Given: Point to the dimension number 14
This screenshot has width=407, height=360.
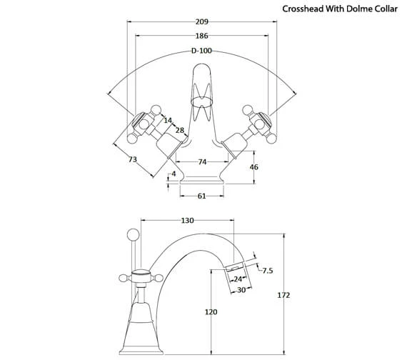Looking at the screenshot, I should pyautogui.click(x=169, y=121).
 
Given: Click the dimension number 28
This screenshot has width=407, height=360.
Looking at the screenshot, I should pyautogui.click(x=180, y=130).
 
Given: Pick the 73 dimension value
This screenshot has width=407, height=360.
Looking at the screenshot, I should pyautogui.click(x=133, y=159).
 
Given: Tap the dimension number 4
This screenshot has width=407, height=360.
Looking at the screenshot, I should pyautogui.click(x=174, y=174).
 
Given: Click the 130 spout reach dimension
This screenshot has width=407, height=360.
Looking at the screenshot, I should pyautogui.click(x=188, y=221).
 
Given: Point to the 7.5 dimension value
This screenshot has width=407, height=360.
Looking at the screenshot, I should pyautogui.click(x=267, y=270).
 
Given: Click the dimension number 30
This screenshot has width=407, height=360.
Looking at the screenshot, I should pyautogui.click(x=241, y=289).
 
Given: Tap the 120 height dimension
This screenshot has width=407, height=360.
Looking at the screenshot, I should pyautogui.click(x=211, y=312).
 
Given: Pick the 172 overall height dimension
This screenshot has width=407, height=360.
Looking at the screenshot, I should pyautogui.click(x=283, y=295).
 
